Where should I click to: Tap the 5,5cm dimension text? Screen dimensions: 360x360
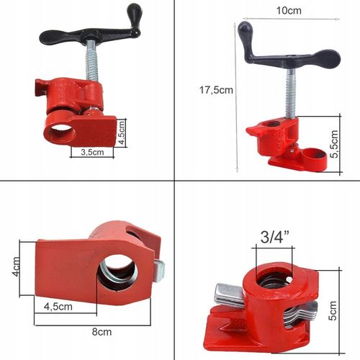(333, 144)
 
